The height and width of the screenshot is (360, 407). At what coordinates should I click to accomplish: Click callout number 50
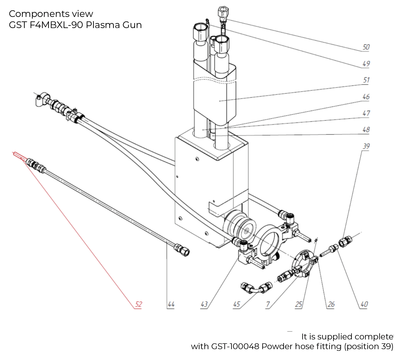coord(366,47)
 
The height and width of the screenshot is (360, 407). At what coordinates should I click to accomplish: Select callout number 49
coord(366,64)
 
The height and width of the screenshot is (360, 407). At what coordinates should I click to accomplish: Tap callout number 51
coord(366,80)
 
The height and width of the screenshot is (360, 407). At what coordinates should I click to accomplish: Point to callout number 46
coord(366,97)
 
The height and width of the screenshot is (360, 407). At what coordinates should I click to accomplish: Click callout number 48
coord(366,129)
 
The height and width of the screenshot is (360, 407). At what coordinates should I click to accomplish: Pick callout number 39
coord(366,146)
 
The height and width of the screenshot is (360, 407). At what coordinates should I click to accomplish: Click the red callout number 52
coord(138,304)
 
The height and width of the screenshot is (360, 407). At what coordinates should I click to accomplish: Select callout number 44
coord(171,304)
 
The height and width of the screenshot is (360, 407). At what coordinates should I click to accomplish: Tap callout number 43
coord(204,304)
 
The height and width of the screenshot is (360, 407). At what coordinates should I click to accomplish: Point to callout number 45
coord(236,304)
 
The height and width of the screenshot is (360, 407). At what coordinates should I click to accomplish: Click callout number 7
coord(268,304)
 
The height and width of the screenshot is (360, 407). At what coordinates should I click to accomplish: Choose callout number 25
coord(298,304)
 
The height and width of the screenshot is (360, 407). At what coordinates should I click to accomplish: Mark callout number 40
coord(364,304)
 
